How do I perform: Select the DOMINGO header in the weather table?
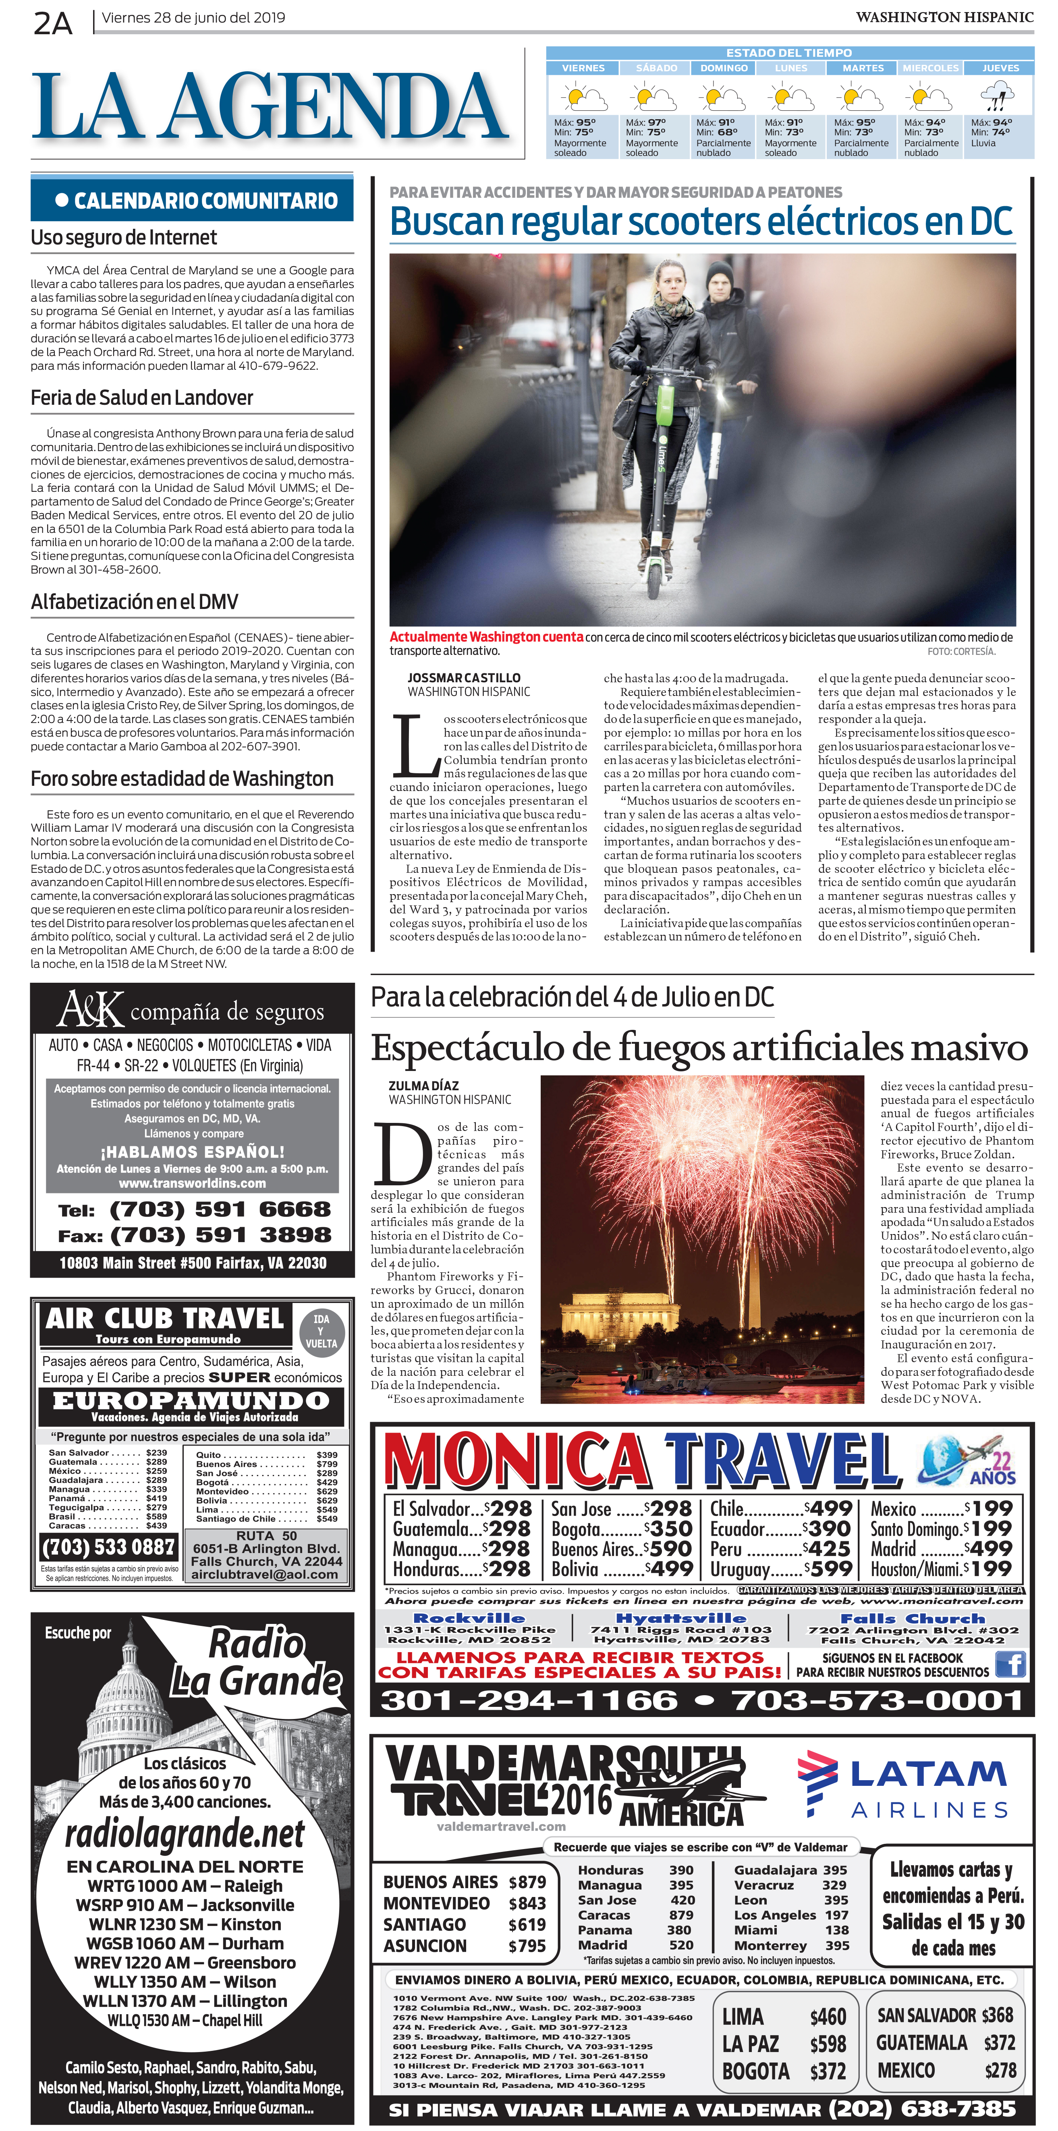click(724, 68)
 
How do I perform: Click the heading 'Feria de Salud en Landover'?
click(141, 398)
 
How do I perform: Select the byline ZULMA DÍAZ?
click(423, 1085)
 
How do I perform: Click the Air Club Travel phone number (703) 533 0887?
click(108, 1546)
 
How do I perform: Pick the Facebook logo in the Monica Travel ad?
click(1011, 1664)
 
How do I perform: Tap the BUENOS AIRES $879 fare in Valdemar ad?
click(463, 1882)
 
